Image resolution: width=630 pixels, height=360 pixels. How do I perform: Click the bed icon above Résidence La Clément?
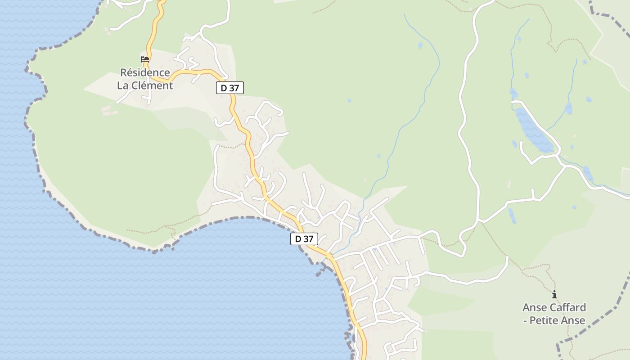145,59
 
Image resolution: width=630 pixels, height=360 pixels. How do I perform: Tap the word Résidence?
145,72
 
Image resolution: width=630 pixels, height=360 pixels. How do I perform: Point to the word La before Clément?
123,85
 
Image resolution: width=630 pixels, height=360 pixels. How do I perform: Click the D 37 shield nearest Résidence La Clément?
230,88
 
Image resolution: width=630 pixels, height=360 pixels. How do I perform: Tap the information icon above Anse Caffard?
554,295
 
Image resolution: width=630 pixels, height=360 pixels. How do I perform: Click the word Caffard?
567,307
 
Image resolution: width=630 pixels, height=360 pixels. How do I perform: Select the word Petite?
545,320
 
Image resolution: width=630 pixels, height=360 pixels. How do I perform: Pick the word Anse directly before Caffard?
534,307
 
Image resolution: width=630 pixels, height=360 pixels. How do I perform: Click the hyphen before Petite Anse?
525,320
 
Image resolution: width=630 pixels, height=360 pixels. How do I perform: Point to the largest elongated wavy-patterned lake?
533,130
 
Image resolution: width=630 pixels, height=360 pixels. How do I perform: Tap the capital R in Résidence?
124,72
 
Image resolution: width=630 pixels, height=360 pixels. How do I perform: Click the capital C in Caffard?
552,307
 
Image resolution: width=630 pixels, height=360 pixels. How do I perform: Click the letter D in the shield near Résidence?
224,88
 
